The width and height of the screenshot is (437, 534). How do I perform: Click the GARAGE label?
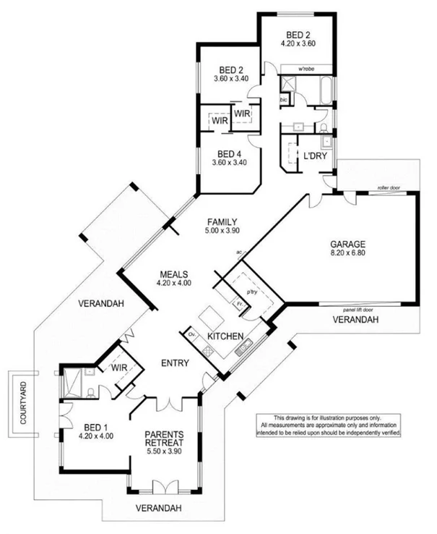[x=347, y=245]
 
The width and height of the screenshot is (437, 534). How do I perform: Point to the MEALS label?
[x=174, y=274]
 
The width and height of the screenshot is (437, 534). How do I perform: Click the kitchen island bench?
[x=212, y=316]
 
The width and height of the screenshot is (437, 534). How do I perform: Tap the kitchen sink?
[x=242, y=349]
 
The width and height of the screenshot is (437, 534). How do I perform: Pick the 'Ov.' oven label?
[x=192, y=336]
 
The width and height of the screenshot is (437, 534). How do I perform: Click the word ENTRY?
[x=176, y=363]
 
